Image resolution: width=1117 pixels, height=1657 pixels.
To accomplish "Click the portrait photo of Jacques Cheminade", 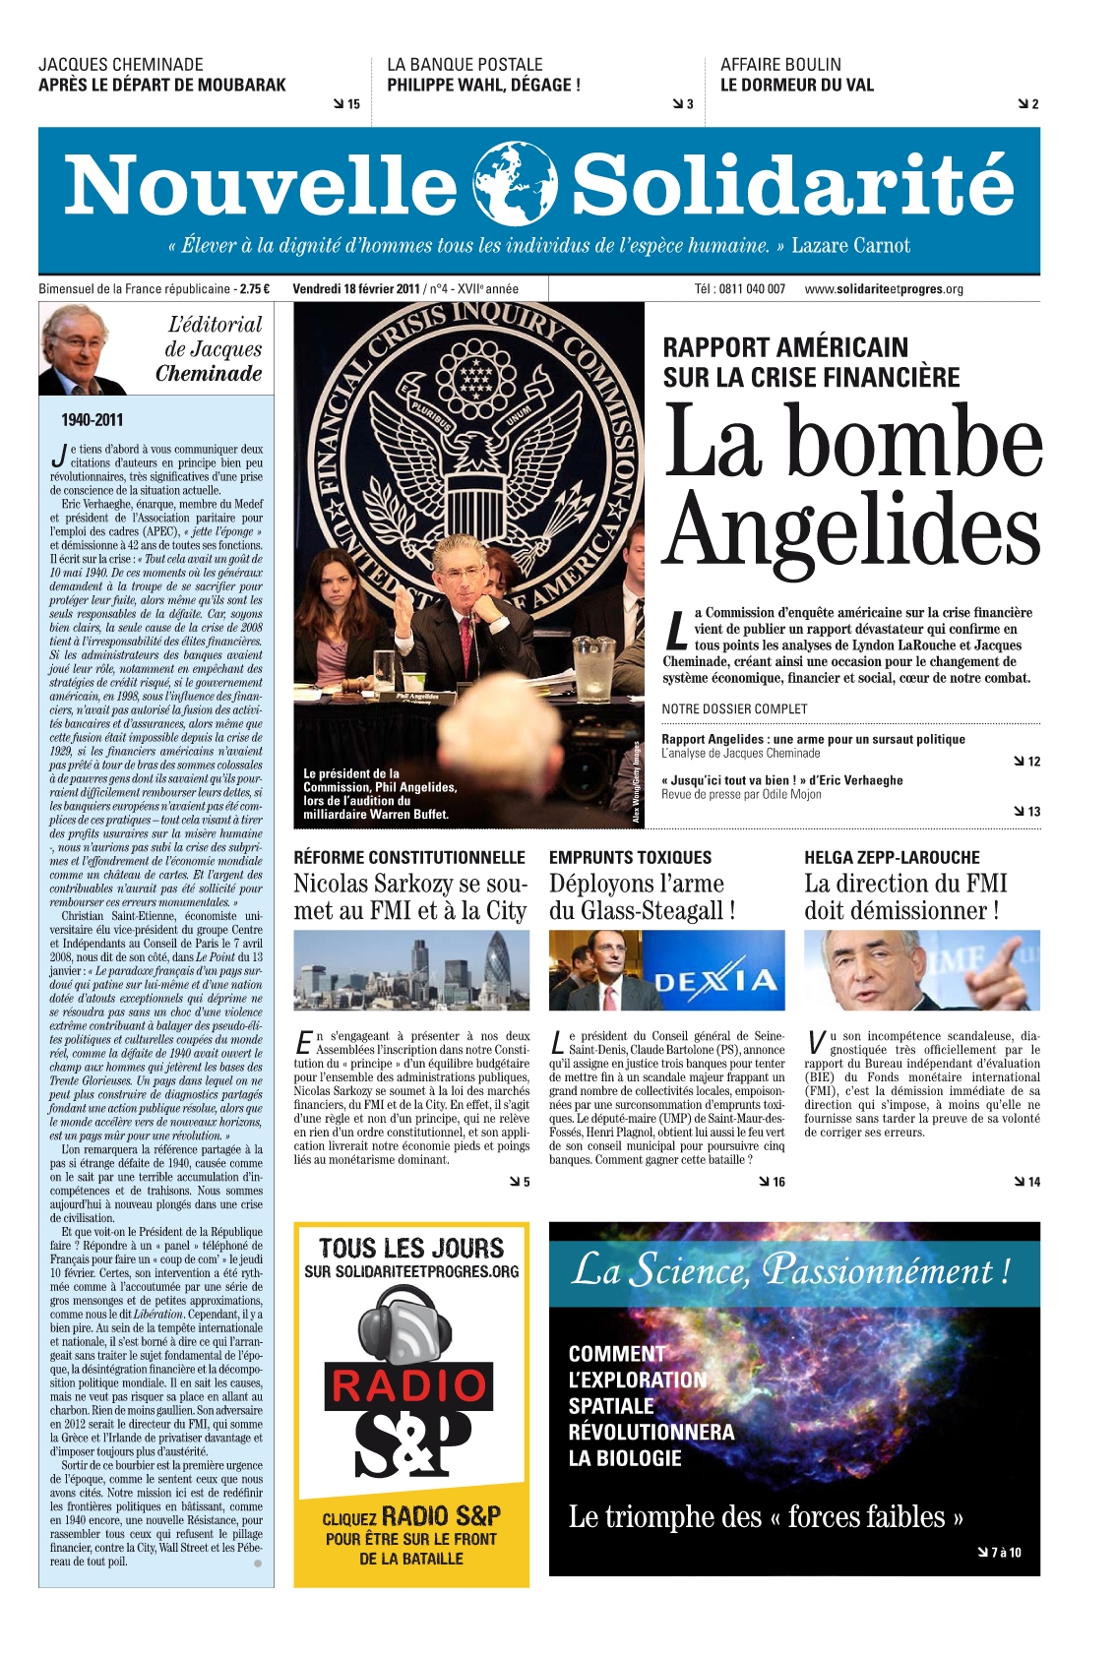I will tap(83, 349).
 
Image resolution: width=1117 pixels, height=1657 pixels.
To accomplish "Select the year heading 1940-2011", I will tap(93, 420).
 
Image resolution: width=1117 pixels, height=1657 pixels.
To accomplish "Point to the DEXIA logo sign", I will tap(715, 980).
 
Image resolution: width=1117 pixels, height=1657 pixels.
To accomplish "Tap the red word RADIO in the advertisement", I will tap(409, 1386).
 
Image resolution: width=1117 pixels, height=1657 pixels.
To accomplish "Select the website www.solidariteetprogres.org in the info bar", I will tap(883, 289).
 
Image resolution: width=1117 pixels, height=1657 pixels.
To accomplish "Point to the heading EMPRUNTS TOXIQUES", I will tap(630, 858).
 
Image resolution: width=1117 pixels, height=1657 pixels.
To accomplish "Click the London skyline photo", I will tap(411, 970).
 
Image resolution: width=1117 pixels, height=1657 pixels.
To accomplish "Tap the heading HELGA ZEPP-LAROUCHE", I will tap(892, 858).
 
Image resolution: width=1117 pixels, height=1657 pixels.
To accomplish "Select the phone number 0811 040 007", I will tap(752, 289).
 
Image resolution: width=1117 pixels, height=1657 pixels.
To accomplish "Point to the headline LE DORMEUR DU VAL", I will tap(796, 86).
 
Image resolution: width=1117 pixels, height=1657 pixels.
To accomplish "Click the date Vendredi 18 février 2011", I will tap(355, 289).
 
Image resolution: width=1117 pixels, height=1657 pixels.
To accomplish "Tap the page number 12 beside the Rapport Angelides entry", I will tap(1033, 762).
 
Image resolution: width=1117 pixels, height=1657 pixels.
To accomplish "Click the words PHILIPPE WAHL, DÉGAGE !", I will tap(483, 86).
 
